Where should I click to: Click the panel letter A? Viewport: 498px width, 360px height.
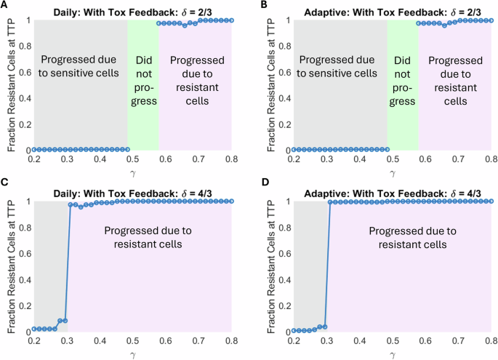tap(4, 5)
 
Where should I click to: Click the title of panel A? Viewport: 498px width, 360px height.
tap(133, 9)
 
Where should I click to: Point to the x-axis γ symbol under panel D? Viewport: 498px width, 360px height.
tap(393, 353)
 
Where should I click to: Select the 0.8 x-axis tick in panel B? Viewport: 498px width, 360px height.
tap(491, 159)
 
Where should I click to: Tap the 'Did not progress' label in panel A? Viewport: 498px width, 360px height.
tap(142, 80)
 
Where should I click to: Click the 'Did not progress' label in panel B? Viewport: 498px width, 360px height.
tap(402, 80)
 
